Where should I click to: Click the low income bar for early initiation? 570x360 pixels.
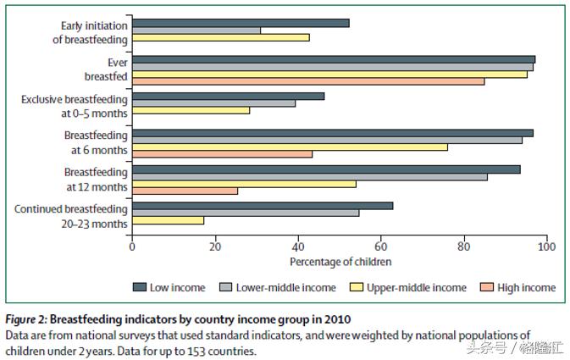(x=241, y=23)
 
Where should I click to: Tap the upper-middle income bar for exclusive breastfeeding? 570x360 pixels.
(x=191, y=110)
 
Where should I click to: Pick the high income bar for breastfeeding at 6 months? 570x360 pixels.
(x=222, y=153)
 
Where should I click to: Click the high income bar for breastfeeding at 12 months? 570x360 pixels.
(x=185, y=191)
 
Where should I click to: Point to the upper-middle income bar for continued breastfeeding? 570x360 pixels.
(x=168, y=220)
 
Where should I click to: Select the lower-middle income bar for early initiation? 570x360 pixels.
(x=196, y=30)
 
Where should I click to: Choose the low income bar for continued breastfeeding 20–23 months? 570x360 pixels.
(x=262, y=205)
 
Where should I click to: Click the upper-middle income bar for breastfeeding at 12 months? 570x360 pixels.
(x=244, y=183)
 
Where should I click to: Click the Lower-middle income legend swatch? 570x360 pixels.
(x=226, y=287)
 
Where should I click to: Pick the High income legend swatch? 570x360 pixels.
(x=490, y=287)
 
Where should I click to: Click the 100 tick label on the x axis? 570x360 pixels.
(x=546, y=246)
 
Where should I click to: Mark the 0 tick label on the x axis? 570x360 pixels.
(x=132, y=246)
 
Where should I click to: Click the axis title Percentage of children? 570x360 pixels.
(x=339, y=261)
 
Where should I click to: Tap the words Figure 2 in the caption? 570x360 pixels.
(x=25, y=319)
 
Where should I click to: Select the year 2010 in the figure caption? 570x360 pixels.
(x=335, y=319)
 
